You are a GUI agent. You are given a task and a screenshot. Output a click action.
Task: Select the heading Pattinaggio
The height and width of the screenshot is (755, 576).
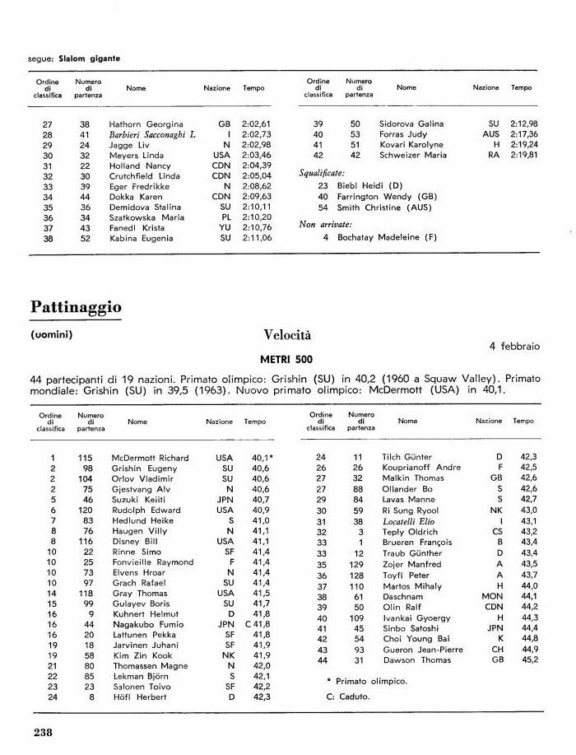tap(76, 307)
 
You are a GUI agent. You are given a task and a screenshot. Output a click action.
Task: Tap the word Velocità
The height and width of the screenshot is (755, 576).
tap(287, 335)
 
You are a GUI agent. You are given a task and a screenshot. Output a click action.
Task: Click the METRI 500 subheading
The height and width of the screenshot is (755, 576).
tap(287, 360)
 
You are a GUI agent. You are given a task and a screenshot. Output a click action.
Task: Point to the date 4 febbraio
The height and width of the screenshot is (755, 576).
tap(514, 347)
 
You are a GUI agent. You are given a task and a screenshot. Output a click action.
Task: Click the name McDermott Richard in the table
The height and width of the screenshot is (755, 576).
tap(150, 458)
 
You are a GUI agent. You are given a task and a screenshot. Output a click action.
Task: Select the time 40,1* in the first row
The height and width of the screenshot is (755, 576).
tap(262, 458)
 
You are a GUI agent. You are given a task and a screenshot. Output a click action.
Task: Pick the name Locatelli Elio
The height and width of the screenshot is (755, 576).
tap(409, 521)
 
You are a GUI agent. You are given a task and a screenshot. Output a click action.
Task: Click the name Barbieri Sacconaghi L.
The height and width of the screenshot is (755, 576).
tap(151, 134)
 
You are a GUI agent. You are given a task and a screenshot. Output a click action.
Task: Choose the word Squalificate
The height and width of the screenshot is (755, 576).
tap(322, 174)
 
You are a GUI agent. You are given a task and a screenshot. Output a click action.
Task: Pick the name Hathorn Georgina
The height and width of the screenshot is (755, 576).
tap(146, 124)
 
